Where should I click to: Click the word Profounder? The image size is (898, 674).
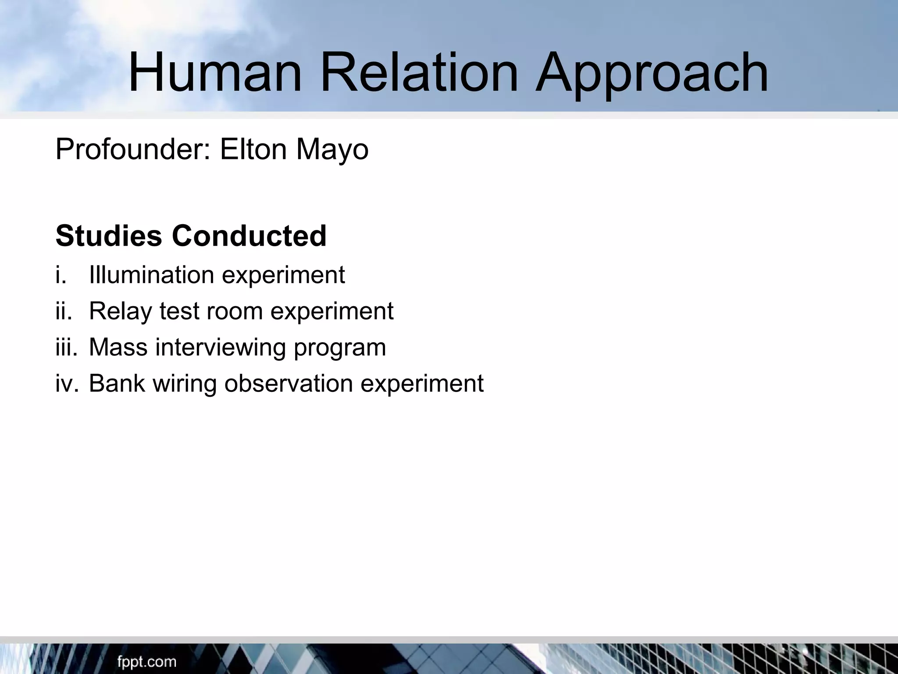[x=134, y=150]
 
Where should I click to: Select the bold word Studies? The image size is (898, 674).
[x=109, y=236]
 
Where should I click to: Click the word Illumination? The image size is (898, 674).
[x=151, y=275]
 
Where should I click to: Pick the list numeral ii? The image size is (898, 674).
[x=64, y=311]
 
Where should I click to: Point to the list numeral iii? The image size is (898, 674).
[x=66, y=347]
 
